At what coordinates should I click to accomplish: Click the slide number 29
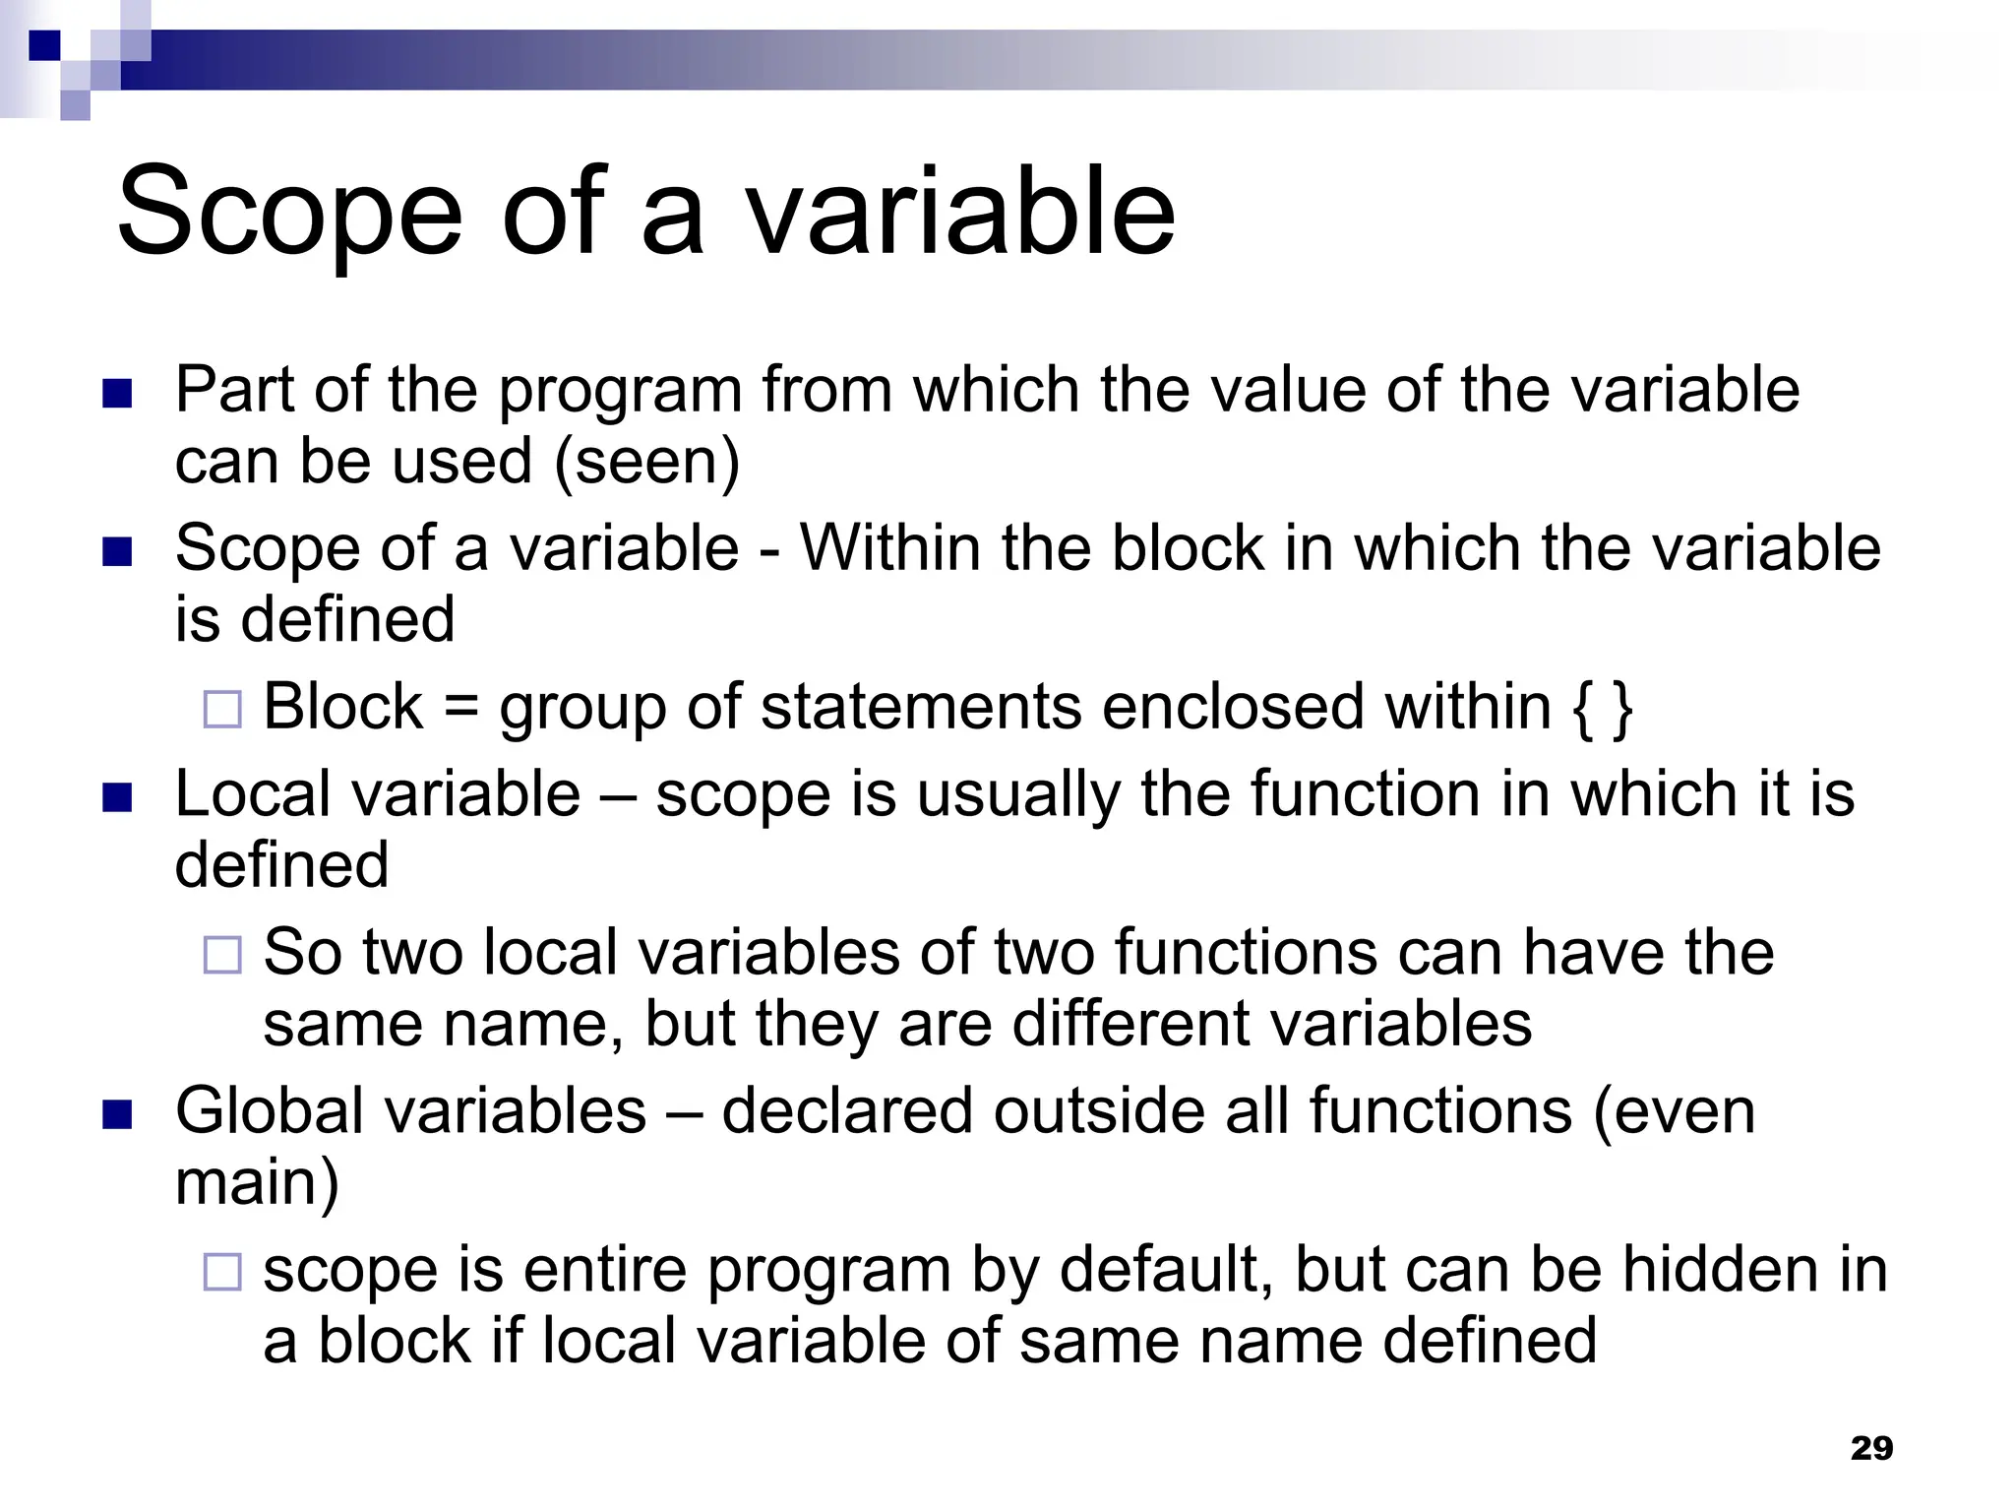click(1871, 1448)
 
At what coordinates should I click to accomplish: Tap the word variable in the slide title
click(960, 212)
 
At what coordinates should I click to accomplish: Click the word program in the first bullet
click(620, 391)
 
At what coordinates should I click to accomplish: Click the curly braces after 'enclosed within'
click(1603, 707)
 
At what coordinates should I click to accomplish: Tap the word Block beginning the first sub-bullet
click(343, 707)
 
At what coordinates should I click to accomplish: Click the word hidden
click(1713, 1270)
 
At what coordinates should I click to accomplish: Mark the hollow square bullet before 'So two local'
click(222, 956)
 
